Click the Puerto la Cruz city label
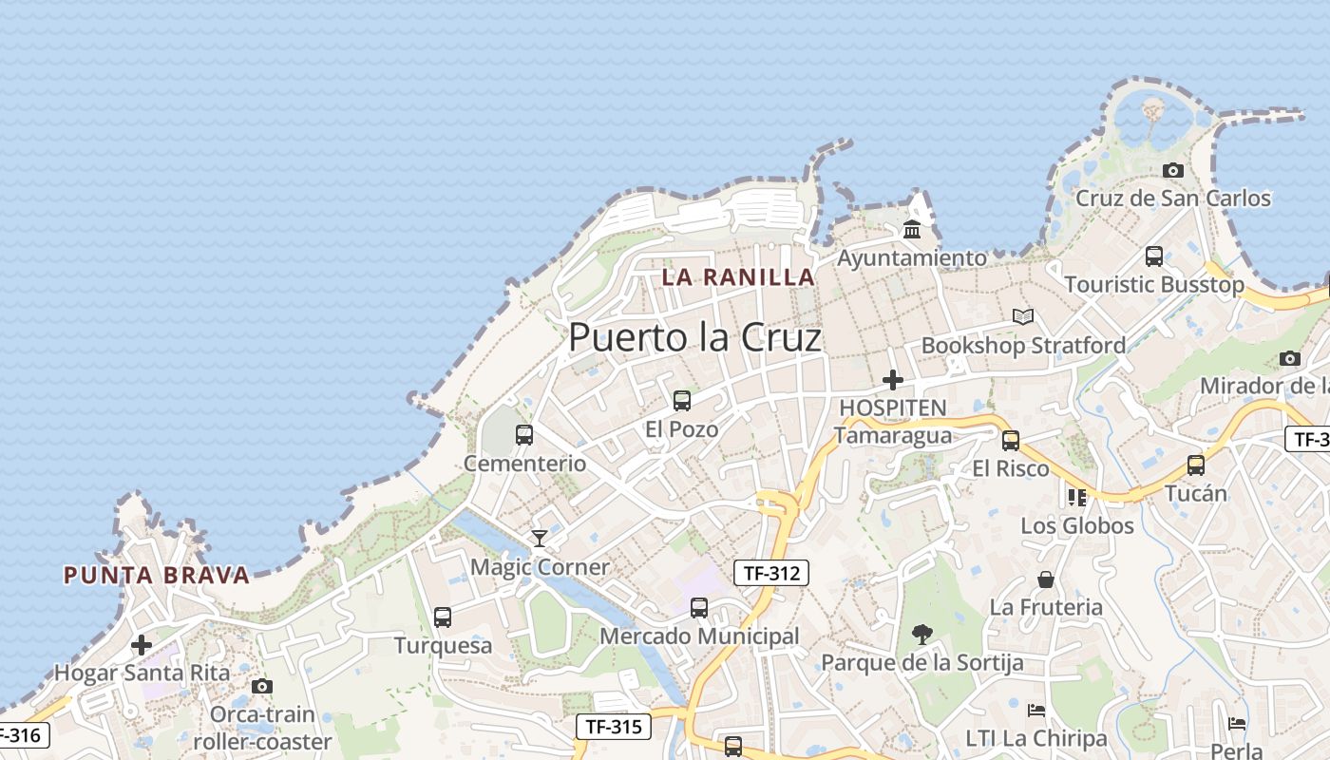[x=694, y=337]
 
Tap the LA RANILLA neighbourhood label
[x=738, y=277]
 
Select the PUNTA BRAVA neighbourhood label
[x=157, y=575]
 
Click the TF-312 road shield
[x=770, y=572]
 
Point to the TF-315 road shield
[x=614, y=727]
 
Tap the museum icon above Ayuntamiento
[x=912, y=229]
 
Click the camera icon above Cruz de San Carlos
[x=1173, y=170]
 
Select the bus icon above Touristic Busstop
[x=1154, y=256]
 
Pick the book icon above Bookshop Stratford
[x=1023, y=316]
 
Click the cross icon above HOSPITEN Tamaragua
[x=892, y=380]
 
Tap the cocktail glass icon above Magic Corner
[x=540, y=539]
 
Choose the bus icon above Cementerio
[x=524, y=435]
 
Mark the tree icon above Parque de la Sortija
[x=921, y=634]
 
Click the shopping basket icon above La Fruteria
[x=1046, y=579]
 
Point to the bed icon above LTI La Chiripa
[x=1036, y=710]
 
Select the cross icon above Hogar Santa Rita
[x=142, y=645]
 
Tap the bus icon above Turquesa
[x=443, y=617]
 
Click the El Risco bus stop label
[x=1011, y=468]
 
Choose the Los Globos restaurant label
[x=1077, y=525]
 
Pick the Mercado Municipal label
[x=699, y=636]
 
